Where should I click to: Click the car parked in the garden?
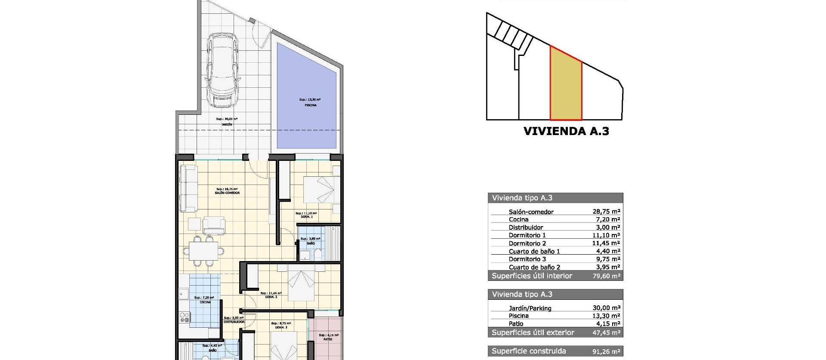223,71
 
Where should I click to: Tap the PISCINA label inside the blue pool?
310,105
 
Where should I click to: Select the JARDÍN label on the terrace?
227,124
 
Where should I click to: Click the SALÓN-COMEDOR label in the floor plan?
227,193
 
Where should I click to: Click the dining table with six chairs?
203,250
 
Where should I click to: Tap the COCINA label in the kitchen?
205,302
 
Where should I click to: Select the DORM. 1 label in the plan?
307,217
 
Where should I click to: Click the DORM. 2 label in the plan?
271,297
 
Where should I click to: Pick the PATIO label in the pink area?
328,339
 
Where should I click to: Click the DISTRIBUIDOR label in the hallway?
234,322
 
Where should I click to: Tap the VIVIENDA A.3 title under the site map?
566,131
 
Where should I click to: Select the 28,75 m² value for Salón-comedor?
606,212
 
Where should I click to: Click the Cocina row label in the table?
518,219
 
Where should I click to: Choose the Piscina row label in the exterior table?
518,316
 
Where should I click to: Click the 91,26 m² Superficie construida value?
606,351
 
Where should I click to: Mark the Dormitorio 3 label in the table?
527,259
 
